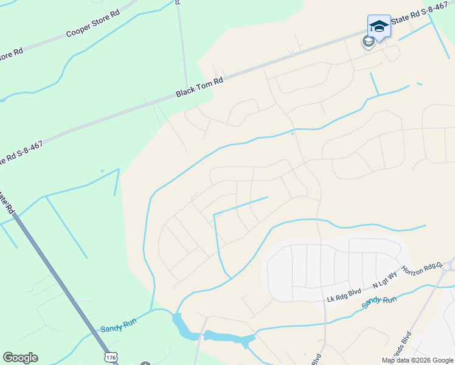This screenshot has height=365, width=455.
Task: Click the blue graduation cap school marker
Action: [379, 26]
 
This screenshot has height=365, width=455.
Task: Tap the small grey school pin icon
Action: [367, 41]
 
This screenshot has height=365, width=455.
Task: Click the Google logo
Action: [20, 358]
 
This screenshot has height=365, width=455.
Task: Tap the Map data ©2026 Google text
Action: [417, 360]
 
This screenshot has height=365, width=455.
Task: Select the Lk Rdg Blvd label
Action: [344, 295]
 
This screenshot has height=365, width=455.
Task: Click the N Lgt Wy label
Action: [384, 279]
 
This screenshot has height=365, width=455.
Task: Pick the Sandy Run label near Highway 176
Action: [119, 327]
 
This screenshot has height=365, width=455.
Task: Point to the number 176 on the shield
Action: [110, 358]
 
